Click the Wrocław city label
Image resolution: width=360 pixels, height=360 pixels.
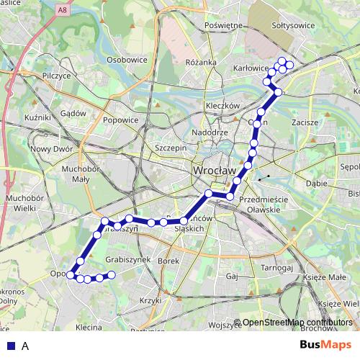(x=215, y=171)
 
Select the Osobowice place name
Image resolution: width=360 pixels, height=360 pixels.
(x=126, y=60)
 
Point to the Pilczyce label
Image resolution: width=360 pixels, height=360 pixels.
(x=56, y=75)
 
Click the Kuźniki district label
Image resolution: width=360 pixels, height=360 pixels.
(x=37, y=117)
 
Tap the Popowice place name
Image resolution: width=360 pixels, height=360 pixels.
(x=120, y=120)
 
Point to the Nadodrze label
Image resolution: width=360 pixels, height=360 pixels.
(x=210, y=133)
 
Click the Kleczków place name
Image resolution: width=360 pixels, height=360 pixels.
(x=222, y=105)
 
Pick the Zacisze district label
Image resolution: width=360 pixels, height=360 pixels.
(x=305, y=122)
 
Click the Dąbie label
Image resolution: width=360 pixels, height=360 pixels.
(x=316, y=183)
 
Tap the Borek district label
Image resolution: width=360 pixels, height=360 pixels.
(x=168, y=261)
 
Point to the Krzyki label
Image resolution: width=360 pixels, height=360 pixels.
(x=151, y=300)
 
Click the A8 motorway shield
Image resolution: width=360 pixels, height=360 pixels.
(x=63, y=9)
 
